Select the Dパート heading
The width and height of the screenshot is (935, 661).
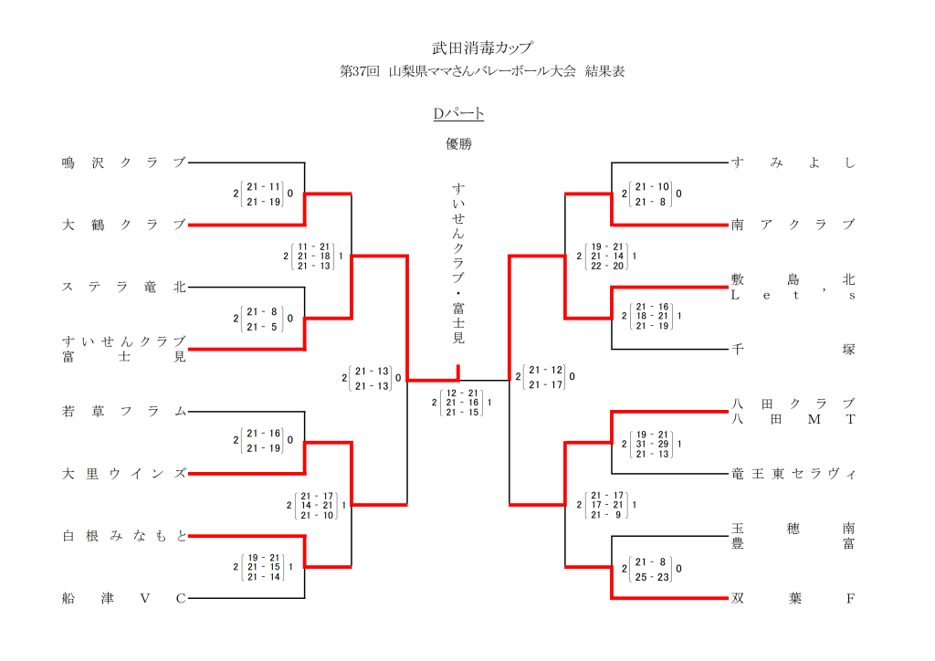(x=458, y=114)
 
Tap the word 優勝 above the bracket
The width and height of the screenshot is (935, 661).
(x=458, y=143)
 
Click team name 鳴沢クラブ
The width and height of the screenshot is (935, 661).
(x=123, y=163)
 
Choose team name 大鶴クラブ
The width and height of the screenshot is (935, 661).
(x=123, y=225)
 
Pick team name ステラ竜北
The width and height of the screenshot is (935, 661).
(x=123, y=287)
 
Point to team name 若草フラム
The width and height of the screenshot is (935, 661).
(x=123, y=412)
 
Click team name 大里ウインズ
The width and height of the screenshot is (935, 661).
(x=123, y=474)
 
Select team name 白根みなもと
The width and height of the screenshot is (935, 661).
(x=123, y=536)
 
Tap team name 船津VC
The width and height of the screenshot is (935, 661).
(x=123, y=599)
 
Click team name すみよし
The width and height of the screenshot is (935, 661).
(x=793, y=163)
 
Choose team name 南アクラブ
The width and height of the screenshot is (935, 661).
(x=793, y=225)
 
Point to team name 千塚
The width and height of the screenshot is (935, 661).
(x=793, y=349)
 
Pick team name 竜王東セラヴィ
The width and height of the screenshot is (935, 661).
(x=793, y=474)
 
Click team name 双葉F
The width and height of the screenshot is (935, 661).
(x=793, y=599)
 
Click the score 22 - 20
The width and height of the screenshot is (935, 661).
(x=607, y=266)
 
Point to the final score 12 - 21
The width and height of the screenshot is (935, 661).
(x=462, y=393)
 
